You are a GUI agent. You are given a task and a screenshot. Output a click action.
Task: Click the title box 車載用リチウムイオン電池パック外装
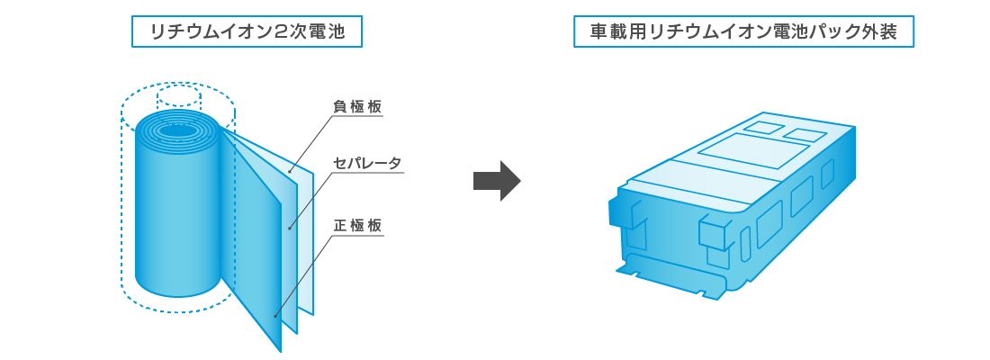[744, 32]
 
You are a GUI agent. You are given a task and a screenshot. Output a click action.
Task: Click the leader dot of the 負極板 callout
[290, 171]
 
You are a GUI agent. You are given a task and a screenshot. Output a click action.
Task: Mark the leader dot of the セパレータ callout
[290, 229]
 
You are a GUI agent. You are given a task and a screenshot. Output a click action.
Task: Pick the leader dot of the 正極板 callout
[275, 316]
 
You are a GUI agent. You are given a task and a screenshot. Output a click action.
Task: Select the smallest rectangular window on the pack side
[827, 173]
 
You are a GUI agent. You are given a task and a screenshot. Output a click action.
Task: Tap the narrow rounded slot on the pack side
[746, 244]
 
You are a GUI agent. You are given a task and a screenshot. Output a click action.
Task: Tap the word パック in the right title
[834, 32]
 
